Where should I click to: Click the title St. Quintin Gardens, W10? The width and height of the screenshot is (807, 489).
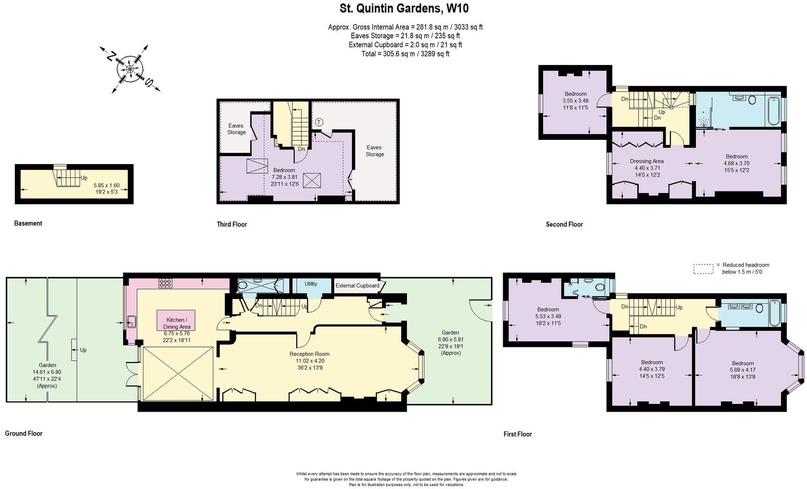click(404, 9)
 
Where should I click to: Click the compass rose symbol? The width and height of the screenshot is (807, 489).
click(130, 69)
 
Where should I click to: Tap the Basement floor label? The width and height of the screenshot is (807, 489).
click(28, 223)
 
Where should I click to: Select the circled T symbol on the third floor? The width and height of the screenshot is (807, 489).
click(319, 122)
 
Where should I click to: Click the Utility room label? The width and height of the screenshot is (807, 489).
click(311, 284)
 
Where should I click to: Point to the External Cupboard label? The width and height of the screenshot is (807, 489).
click(357, 285)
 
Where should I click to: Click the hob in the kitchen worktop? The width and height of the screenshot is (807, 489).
click(165, 283)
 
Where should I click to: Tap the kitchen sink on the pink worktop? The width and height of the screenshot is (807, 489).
click(132, 322)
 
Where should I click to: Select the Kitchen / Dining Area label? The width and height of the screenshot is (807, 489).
click(176, 323)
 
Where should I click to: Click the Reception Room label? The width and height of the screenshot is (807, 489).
click(309, 354)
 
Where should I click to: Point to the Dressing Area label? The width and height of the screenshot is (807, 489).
click(647, 161)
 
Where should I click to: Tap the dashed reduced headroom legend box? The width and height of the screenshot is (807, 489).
click(703, 269)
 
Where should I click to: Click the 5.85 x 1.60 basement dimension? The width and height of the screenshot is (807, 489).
click(106, 185)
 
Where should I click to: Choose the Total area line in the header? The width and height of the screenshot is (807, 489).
click(405, 54)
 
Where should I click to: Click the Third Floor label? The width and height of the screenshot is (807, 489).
click(232, 224)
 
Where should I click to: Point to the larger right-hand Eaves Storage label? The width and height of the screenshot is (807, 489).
click(374, 151)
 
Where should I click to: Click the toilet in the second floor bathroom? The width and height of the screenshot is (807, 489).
click(752, 100)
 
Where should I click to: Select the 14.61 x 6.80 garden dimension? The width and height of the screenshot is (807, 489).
click(47, 372)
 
